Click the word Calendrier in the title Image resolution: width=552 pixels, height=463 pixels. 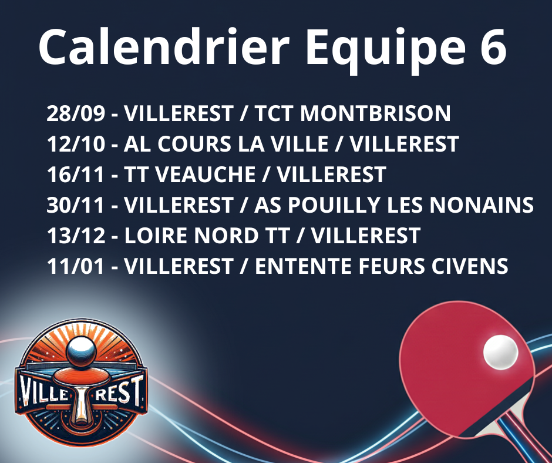164,46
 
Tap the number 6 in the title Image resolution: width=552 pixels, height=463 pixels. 493,47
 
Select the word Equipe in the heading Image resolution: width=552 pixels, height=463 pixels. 385,51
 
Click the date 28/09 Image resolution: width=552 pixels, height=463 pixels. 76,113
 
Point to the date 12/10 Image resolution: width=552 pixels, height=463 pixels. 76,144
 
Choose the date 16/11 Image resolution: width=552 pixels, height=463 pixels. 76,175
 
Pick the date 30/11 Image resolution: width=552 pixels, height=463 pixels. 76,204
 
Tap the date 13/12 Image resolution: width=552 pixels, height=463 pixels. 76,236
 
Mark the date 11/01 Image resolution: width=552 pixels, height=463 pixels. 76,266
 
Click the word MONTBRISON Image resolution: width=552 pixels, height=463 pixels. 375,113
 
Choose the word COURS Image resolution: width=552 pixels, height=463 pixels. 194,144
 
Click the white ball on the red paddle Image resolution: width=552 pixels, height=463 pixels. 500,352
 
